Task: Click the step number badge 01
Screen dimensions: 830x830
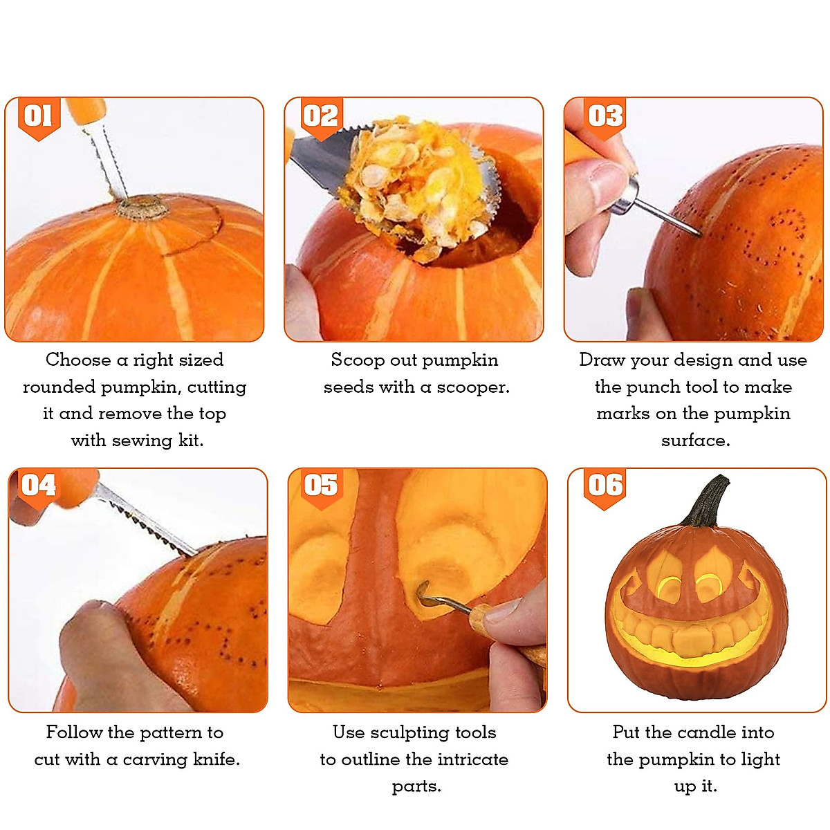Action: pos(39,117)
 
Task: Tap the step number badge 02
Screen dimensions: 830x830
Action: pos(321,117)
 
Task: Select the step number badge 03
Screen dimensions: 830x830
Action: pos(605,117)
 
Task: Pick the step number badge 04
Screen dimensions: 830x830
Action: pos(39,486)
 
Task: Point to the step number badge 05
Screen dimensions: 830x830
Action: pos(321,486)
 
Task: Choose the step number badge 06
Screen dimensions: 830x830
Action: pos(605,486)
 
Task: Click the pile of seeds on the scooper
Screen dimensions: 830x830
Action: pos(408,180)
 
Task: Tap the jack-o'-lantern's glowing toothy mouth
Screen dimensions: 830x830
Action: pos(692,633)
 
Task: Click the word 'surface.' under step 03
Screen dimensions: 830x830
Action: pos(695,441)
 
